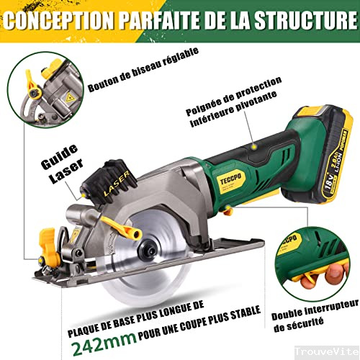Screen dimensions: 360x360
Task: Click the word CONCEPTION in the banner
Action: pos(58,20)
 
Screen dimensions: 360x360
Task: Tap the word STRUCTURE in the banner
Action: pos(305,19)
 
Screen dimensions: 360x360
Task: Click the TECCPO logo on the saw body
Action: pos(231,179)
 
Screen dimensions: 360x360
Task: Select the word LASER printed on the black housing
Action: pos(117,183)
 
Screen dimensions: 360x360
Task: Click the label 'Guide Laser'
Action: pos(62,164)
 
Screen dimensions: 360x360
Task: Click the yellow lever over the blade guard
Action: pos(122,228)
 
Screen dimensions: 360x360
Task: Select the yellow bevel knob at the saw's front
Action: pos(49,250)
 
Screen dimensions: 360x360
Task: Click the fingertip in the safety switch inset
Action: pos(336,271)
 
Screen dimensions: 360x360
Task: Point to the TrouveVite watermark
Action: pos(327,352)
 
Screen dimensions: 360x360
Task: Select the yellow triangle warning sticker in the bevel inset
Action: pos(70,98)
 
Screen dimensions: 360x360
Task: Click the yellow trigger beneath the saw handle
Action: pos(228,210)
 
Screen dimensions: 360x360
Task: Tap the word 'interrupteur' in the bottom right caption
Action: pos(332,309)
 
